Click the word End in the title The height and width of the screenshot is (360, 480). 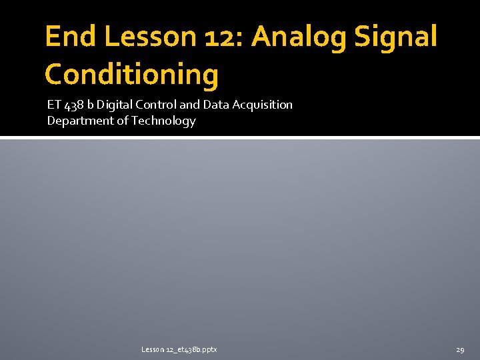pyautogui.click(x=70, y=37)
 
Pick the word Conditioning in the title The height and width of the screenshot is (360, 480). pyautogui.click(x=131, y=75)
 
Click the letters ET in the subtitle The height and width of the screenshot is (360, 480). pyautogui.click(x=53, y=105)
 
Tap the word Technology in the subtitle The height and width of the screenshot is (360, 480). pyautogui.click(x=163, y=121)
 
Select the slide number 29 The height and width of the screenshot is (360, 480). pyautogui.click(x=460, y=349)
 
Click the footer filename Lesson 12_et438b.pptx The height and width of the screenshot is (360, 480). pyautogui.click(x=179, y=349)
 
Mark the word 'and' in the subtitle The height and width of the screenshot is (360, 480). pyautogui.click(x=189, y=105)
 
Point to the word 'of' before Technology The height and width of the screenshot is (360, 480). pyautogui.click(x=123, y=121)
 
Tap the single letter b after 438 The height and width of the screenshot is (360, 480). pyautogui.click(x=91, y=105)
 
